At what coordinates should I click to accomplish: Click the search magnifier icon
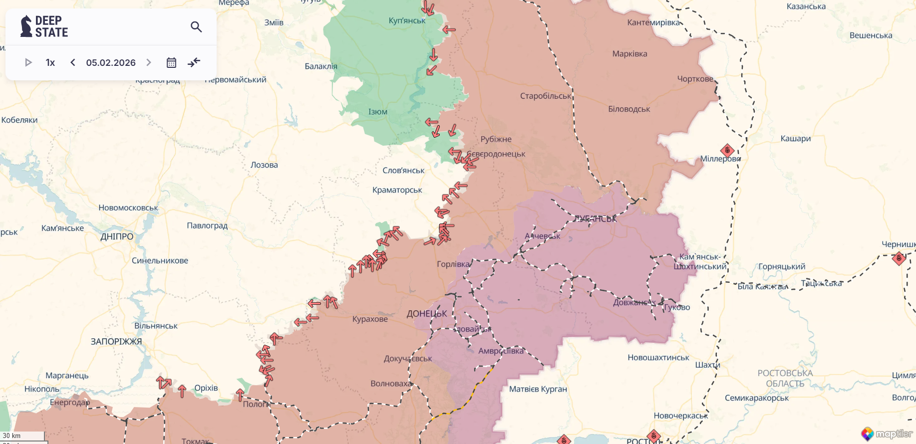point(196,27)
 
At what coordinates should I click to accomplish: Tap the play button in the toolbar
point(28,62)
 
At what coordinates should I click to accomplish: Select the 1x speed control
point(50,62)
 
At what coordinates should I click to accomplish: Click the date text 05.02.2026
point(111,62)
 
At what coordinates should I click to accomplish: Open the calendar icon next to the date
point(171,62)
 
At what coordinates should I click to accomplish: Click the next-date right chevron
point(148,62)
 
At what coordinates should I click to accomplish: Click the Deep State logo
point(44,26)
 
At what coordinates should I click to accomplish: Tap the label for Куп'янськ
point(407,20)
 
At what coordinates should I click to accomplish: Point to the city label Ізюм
point(378,112)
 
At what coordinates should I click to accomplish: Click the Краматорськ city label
point(397,190)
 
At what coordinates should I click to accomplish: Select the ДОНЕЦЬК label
point(427,314)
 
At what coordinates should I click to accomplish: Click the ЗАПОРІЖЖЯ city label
point(116,342)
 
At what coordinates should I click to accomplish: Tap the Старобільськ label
point(545,96)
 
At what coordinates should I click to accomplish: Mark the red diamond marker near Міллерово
point(727,150)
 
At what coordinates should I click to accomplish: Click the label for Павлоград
point(207,225)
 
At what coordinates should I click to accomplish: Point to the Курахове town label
point(370,319)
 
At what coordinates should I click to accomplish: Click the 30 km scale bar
point(22,436)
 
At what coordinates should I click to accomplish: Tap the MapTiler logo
point(887,434)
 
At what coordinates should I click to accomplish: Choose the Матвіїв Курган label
point(538,389)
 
